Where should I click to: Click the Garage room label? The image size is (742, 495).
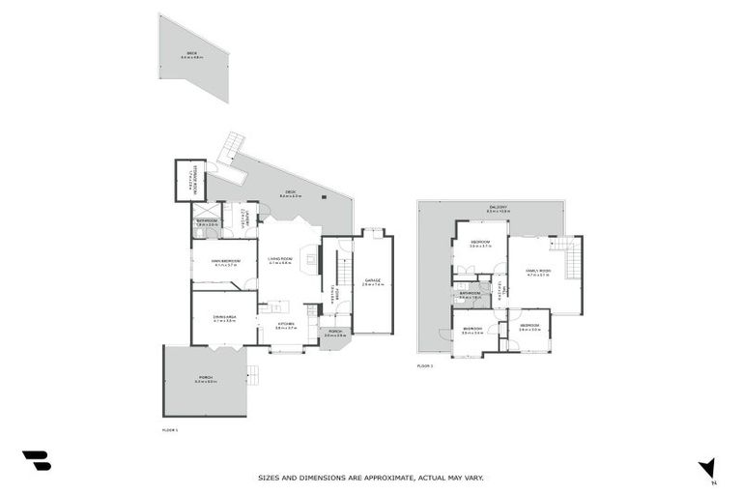[373, 282]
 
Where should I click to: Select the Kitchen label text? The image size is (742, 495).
[285, 326]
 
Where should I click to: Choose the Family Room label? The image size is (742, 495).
[537, 273]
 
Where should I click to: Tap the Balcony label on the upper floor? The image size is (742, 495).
[499, 209]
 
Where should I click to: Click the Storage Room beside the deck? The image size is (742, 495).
[189, 181]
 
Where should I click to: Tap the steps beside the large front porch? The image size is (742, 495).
[254, 375]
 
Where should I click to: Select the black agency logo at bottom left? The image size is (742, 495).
[36, 461]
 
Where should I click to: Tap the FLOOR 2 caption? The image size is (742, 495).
[425, 366]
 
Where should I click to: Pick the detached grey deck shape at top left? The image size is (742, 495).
[196, 56]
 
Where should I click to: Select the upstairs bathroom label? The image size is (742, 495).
[471, 294]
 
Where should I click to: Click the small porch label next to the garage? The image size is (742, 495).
[334, 334]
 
